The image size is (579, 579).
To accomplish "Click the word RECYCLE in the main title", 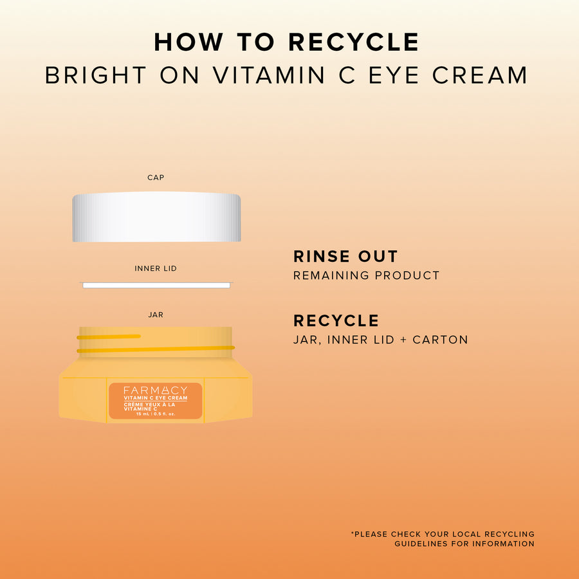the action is coord(353,42).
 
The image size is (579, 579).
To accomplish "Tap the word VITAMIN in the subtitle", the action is coord(268,75).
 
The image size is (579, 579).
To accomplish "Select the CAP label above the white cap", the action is coord(156,178).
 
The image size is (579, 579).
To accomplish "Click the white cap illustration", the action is coord(156,217).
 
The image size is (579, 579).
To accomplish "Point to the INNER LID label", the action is coord(156,268).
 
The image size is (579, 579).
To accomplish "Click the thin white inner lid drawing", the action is coord(156,285).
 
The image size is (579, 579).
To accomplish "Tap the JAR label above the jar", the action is coord(156,315).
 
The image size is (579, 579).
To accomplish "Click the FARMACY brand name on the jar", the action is coord(156,391).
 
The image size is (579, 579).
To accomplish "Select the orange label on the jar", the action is coord(156,401).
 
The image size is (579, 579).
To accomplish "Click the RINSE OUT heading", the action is coord(345,256).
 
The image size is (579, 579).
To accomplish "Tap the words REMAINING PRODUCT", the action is coord(366,275).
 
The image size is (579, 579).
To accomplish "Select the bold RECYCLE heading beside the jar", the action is coord(336,320).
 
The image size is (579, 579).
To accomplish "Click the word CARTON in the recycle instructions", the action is coord(440,340).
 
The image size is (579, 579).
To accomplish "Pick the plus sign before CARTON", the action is coord(403,340).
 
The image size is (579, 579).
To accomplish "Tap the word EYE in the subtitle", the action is coord(394,75).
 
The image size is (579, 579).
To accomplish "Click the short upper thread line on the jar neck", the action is coord(109,336).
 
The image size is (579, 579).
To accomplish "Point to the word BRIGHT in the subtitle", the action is coord(96,75).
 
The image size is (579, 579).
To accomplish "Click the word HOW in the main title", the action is coord(188,42).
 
